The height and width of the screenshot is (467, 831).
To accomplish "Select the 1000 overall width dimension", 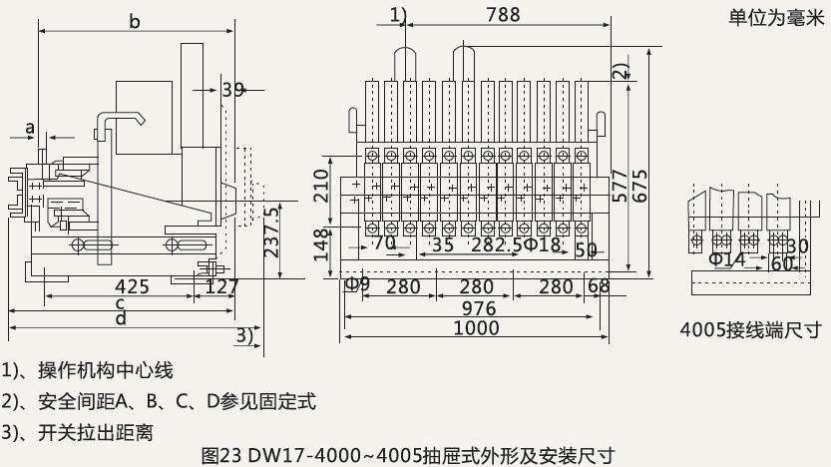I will tap(476, 328).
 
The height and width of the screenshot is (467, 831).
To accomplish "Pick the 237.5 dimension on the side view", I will tap(270, 232).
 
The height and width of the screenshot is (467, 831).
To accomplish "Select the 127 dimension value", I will tap(221, 287).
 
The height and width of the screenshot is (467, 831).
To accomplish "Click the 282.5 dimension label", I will tap(496, 244).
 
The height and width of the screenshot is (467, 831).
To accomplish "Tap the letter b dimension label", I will tap(135, 20).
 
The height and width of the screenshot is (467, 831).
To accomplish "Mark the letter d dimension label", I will tap(120, 319).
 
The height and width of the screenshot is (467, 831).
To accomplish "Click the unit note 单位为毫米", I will tap(772, 18).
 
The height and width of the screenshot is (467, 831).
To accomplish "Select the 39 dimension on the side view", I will tap(232, 90).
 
